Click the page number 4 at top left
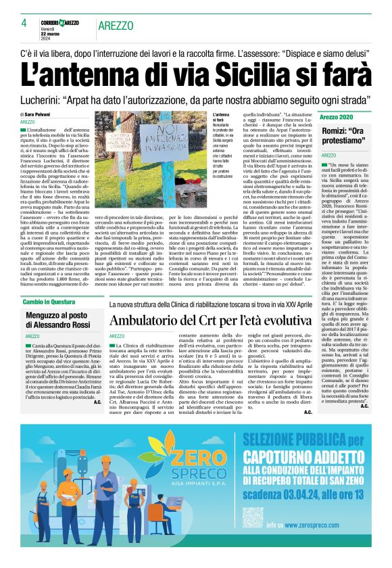23,23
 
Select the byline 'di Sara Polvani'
41,115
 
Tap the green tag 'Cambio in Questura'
49,302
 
